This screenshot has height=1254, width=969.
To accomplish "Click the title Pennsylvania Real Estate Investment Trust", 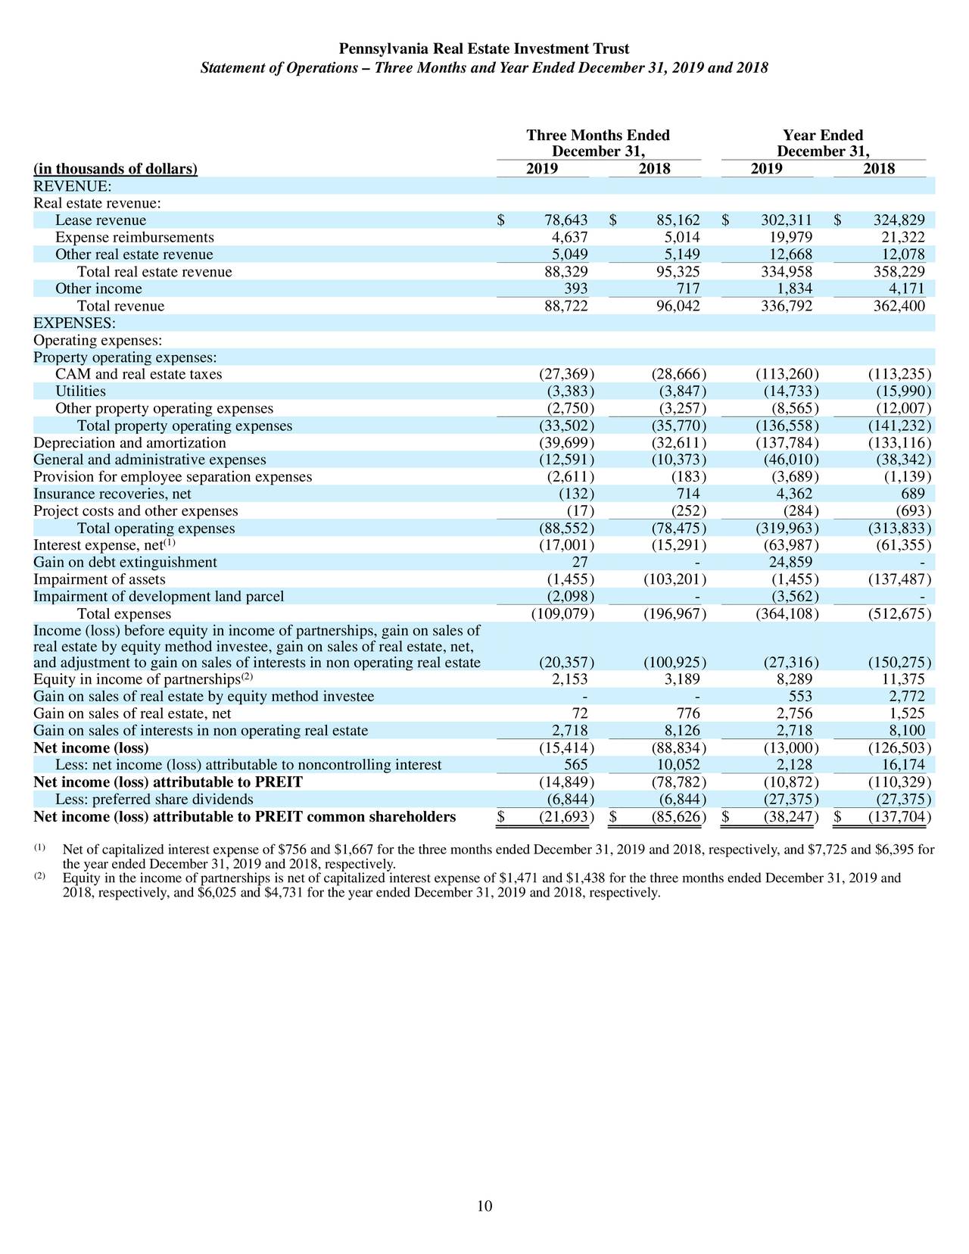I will click(x=484, y=49).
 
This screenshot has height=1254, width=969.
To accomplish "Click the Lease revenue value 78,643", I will click(x=566, y=220).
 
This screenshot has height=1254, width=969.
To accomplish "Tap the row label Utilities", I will click(x=80, y=391).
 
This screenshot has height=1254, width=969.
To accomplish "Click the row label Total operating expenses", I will click(x=156, y=529).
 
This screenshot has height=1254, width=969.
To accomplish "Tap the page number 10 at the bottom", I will click(x=484, y=1206).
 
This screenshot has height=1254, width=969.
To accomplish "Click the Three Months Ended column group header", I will click(x=598, y=136).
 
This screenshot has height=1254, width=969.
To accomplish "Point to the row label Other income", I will click(x=98, y=289).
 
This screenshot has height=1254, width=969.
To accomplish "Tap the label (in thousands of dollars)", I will click(x=115, y=169).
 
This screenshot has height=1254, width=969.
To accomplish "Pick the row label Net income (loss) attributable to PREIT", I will click(x=168, y=782).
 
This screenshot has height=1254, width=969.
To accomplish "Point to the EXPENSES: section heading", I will click(x=74, y=323).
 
